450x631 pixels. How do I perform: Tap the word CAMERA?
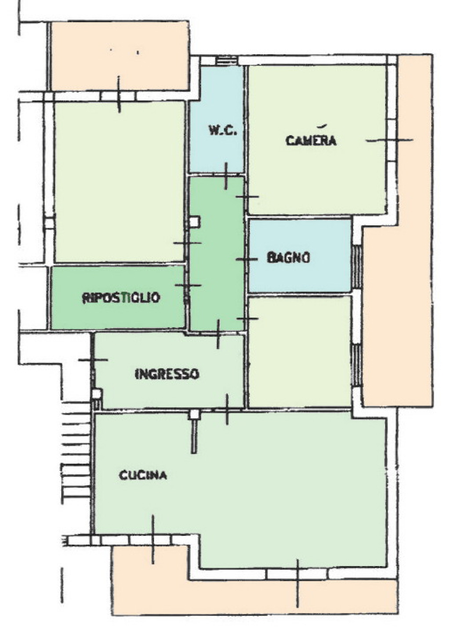click(x=311, y=141)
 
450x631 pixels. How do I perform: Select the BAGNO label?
click(x=288, y=258)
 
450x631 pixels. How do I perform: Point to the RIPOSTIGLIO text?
click(x=121, y=298)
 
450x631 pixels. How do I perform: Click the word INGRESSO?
click(x=167, y=374)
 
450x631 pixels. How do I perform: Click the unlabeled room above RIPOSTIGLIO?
click(x=120, y=182)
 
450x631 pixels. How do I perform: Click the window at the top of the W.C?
click(x=226, y=61)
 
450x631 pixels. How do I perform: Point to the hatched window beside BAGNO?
click(x=357, y=266)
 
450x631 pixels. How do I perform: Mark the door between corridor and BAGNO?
click(x=247, y=259)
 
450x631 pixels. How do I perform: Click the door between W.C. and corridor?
click(x=225, y=176)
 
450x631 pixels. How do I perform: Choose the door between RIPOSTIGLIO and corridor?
click(x=188, y=285)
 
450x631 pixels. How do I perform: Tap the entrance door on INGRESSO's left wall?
click(x=93, y=360)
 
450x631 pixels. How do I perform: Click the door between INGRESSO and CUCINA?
click(x=227, y=409)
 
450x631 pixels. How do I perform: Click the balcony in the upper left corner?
click(x=120, y=56)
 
